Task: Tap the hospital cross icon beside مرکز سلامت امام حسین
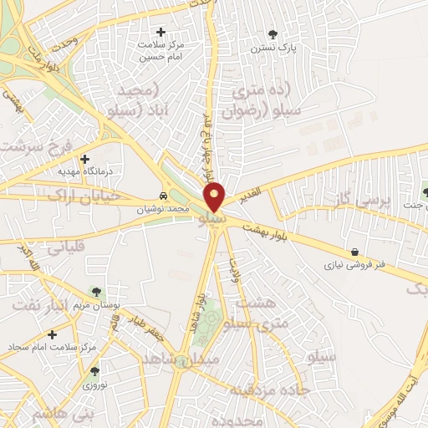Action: [x=160, y=32]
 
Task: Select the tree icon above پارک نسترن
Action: [x=273, y=34]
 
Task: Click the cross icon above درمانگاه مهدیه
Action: [x=84, y=158]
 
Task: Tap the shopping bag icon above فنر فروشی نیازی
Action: [x=355, y=251]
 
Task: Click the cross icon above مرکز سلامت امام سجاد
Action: [x=52, y=334]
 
